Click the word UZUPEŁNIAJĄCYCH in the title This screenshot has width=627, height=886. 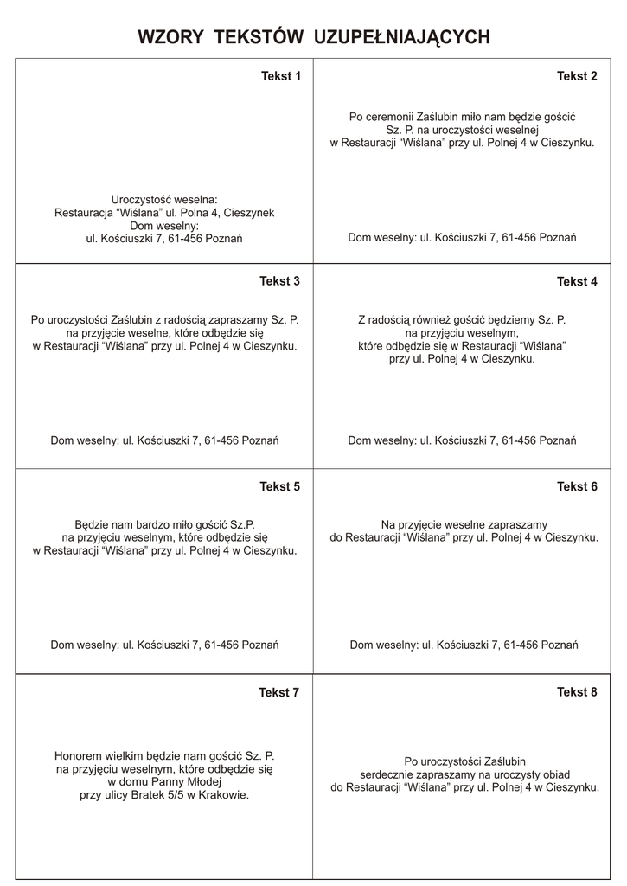coord(403,36)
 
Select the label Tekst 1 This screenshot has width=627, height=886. coord(281,76)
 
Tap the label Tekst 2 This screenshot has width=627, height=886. coord(577,76)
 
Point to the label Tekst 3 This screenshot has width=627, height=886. coord(280,281)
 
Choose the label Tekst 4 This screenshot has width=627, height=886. coord(577,281)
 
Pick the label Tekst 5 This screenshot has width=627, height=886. coord(280,486)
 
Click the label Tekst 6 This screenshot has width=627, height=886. coord(577,486)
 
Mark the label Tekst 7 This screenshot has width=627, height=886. coord(279,692)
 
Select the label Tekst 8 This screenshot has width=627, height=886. coord(577,692)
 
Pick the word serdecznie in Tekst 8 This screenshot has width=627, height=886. coord(387,774)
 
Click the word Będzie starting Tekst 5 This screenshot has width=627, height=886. coord(93,524)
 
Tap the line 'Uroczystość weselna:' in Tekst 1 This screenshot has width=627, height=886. coord(164,199)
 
